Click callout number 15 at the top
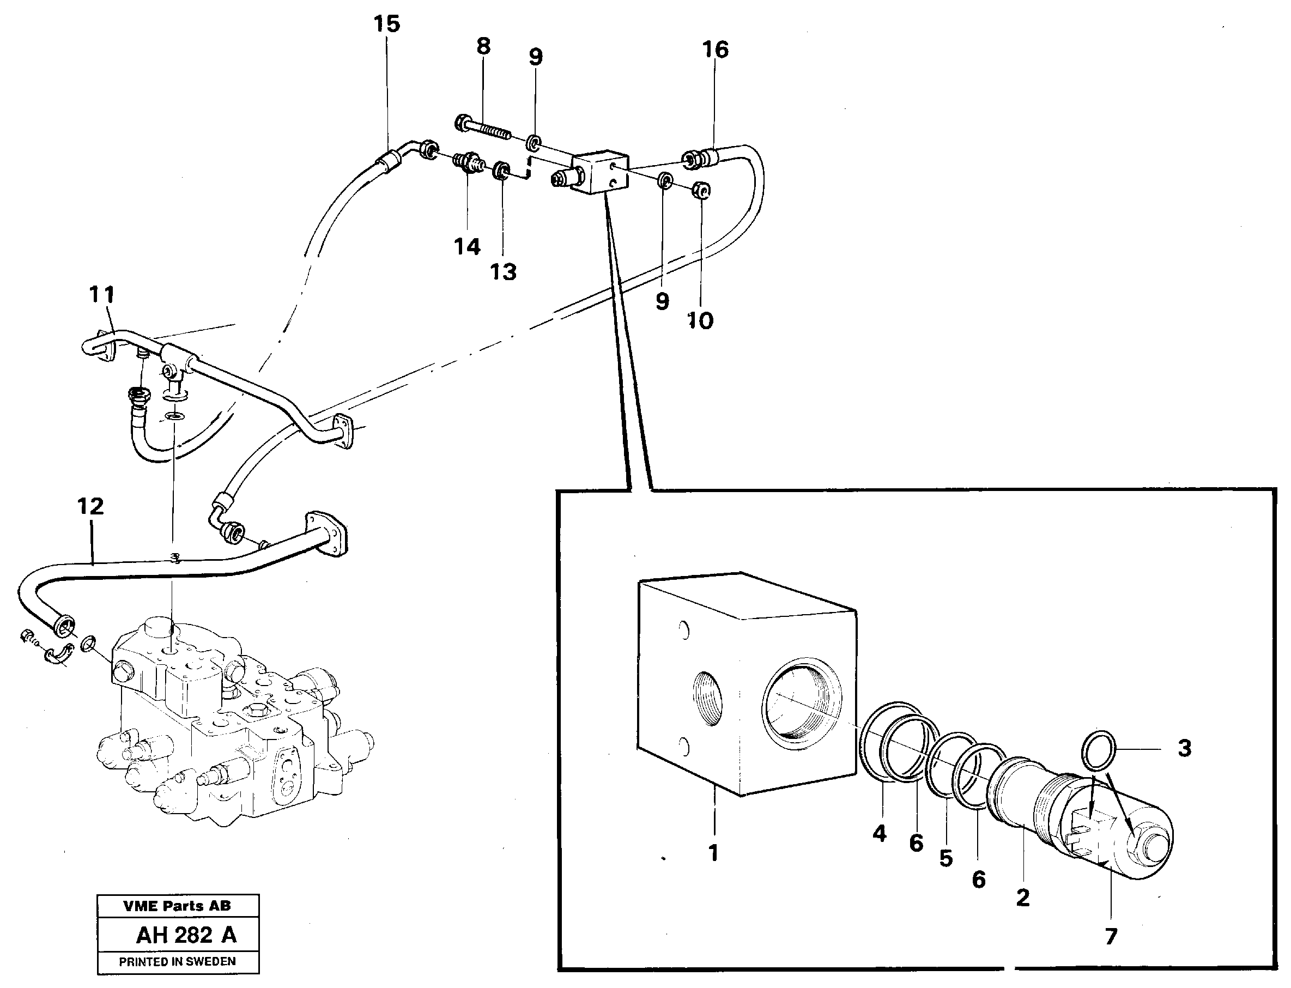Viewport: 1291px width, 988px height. [x=386, y=24]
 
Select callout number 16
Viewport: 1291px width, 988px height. [x=715, y=50]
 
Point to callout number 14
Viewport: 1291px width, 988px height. [x=467, y=246]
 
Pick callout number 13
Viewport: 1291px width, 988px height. [x=504, y=272]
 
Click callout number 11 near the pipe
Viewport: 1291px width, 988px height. [x=101, y=294]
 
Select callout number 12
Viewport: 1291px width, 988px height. [x=90, y=506]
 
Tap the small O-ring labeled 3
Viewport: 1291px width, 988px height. [x=1098, y=751]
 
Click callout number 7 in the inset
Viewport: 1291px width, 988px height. [x=1111, y=936]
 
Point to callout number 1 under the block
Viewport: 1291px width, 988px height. [x=713, y=852]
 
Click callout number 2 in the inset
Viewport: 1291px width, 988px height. [x=1023, y=898]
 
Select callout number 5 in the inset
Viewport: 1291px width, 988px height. [x=945, y=859]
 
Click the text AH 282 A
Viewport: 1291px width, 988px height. [x=186, y=935]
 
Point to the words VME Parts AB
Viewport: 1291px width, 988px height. [x=177, y=906]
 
